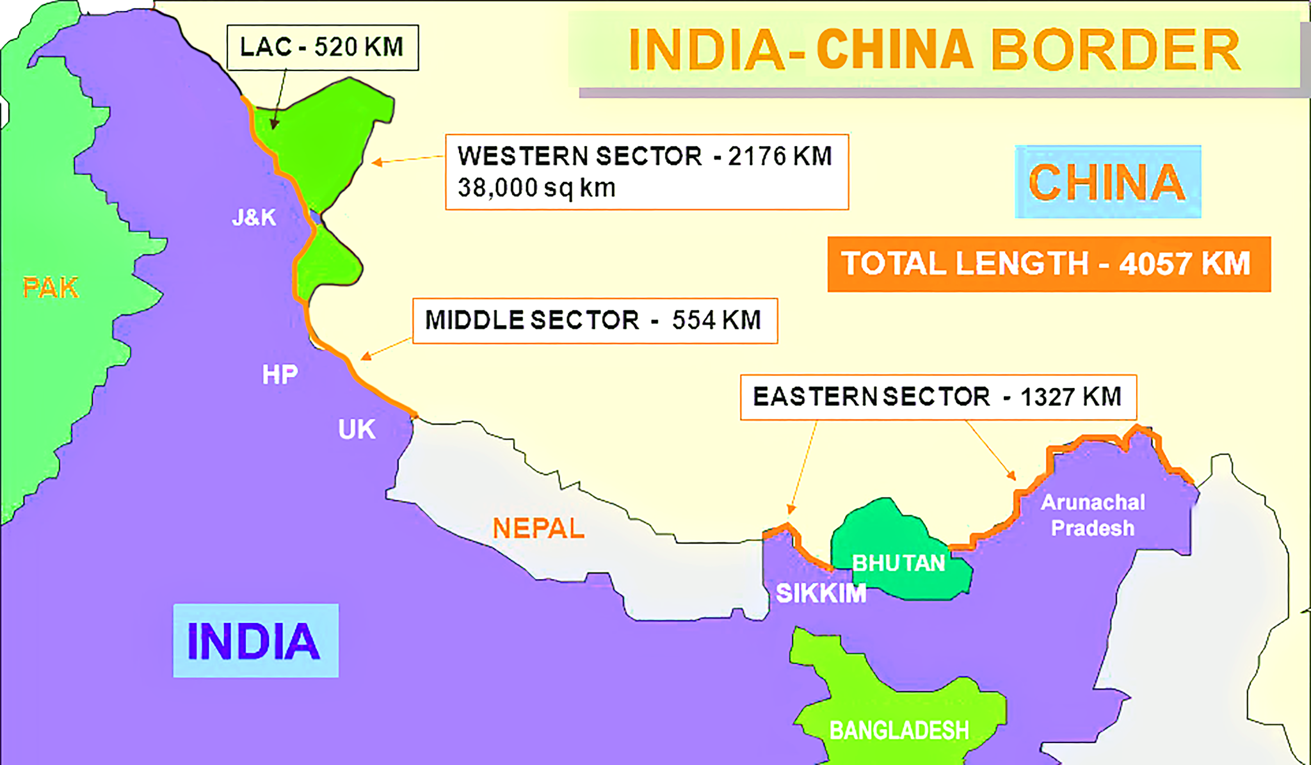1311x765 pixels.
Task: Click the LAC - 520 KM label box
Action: (x=322, y=47)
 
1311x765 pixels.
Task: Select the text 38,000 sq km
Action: (x=536, y=188)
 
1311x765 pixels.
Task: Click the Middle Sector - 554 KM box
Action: (x=595, y=320)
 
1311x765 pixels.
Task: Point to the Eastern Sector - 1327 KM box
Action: (x=938, y=397)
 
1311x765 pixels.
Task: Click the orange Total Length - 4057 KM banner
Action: (x=1048, y=264)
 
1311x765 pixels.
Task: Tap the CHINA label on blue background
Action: (x=1107, y=182)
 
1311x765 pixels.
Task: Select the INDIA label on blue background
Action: (x=255, y=641)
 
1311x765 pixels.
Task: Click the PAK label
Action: (x=51, y=288)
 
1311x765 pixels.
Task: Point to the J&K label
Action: (x=254, y=218)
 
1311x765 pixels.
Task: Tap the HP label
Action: (x=280, y=374)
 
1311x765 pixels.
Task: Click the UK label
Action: (x=357, y=430)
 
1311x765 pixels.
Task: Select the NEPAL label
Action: (x=538, y=529)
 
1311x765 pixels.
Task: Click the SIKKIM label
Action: (x=821, y=593)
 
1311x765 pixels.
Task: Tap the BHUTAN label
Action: (x=899, y=563)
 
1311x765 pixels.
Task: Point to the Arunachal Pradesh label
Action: (x=1093, y=515)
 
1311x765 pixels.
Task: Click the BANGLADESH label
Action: (x=899, y=730)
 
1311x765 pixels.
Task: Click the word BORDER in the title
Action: (x=1115, y=50)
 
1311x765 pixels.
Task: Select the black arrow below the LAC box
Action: (x=279, y=99)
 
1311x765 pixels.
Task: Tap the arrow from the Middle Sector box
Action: (x=386, y=348)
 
